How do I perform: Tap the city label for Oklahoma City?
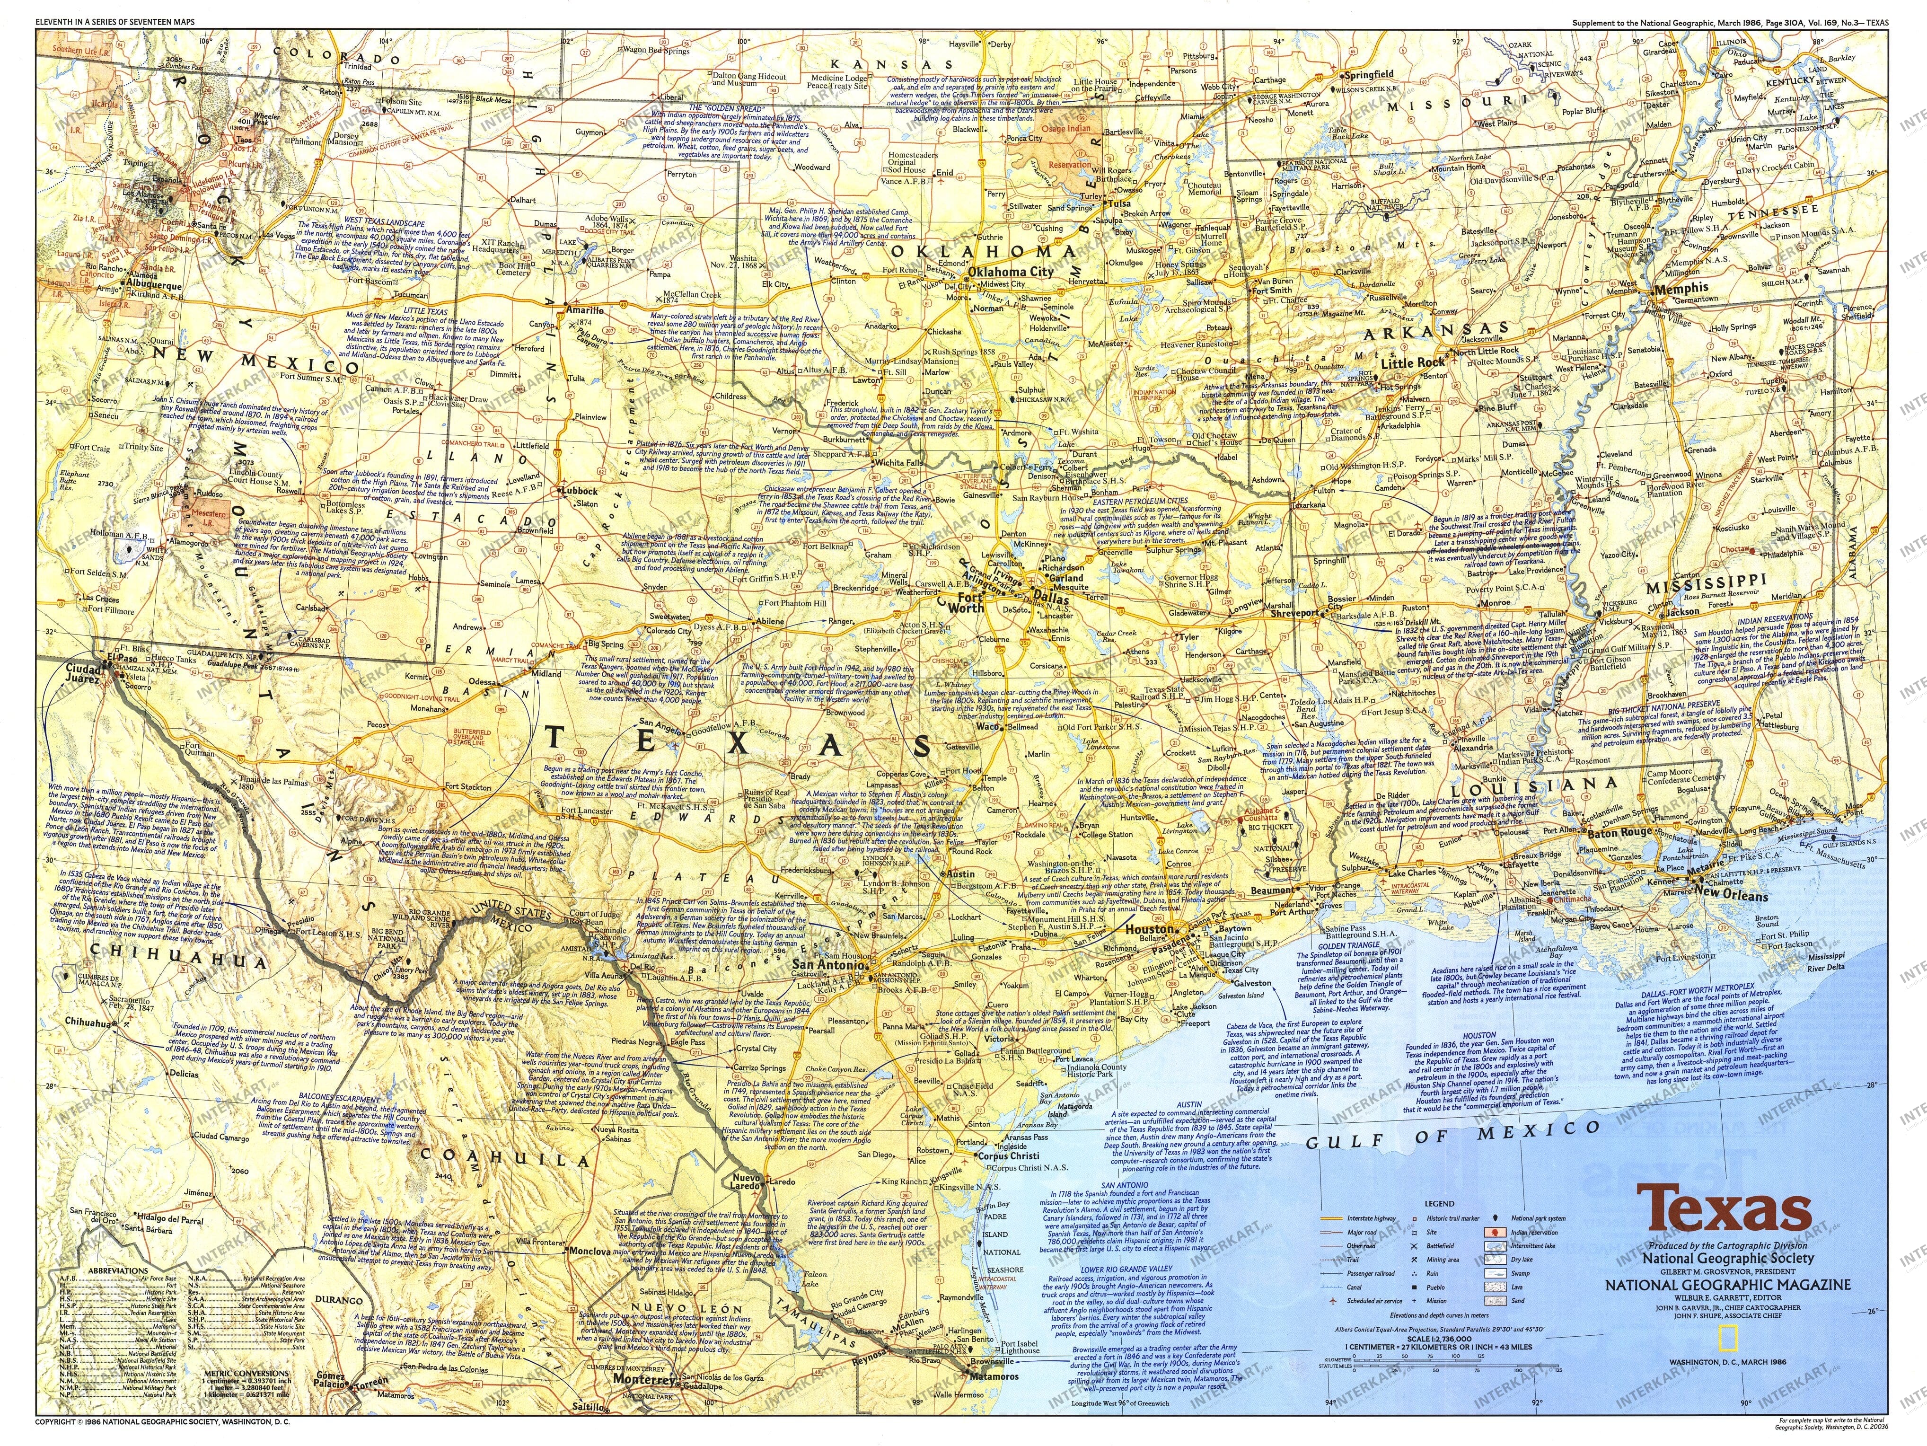coord(1007,271)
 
